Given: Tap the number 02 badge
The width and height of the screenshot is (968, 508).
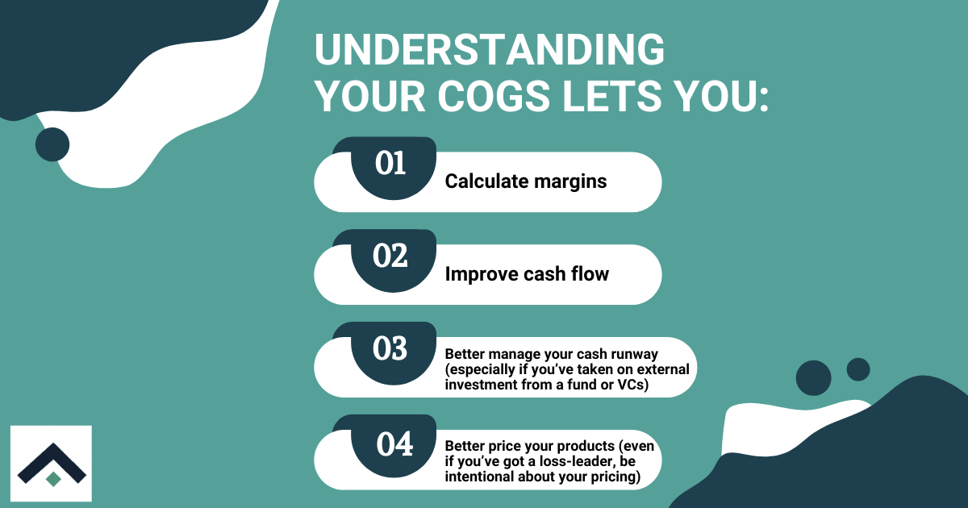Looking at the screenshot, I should [391, 256].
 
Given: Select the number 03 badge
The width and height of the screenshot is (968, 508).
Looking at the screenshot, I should [391, 349].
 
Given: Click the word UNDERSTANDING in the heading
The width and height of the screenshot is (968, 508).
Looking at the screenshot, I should [490, 51].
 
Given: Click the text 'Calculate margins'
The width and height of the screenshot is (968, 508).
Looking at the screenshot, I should [526, 181].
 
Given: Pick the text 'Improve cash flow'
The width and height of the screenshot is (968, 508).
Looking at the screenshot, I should [527, 274].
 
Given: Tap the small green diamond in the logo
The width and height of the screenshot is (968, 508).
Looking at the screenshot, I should [53, 479].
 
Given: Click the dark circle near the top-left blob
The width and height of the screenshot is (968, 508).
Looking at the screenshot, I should [52, 144].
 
